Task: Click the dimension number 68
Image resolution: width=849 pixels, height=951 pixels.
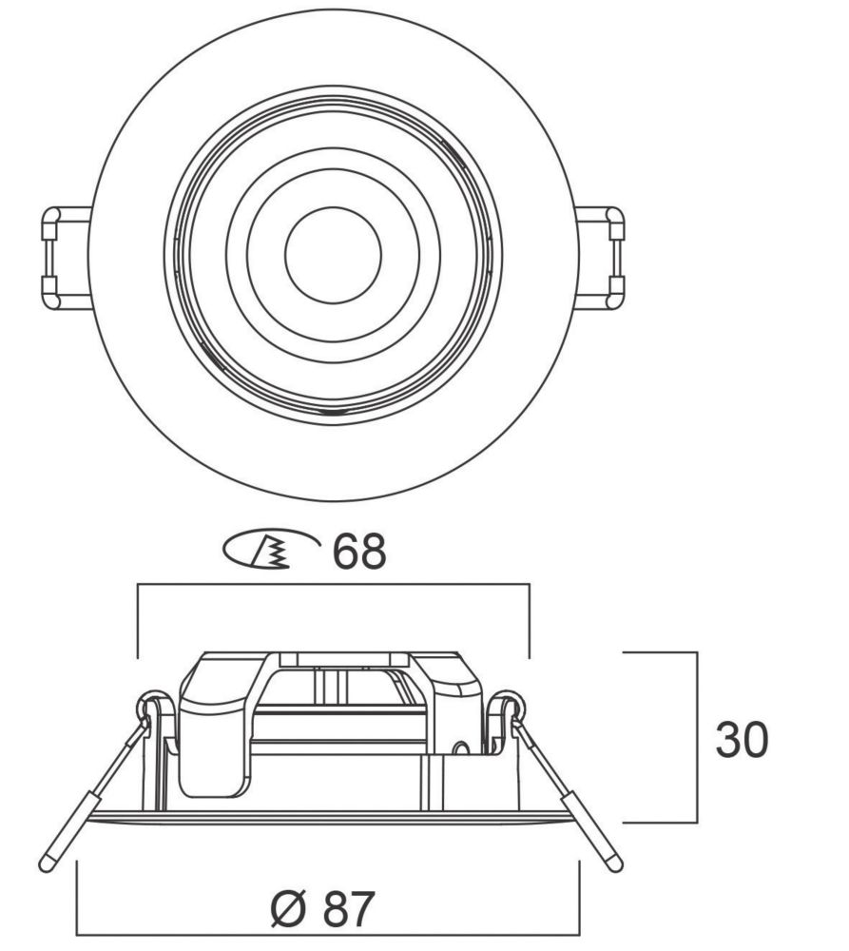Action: (x=359, y=552)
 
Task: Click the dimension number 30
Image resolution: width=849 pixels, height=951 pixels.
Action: (x=742, y=740)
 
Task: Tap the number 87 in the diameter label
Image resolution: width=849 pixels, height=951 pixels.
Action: (x=349, y=908)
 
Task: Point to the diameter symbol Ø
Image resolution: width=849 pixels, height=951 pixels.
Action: (x=287, y=908)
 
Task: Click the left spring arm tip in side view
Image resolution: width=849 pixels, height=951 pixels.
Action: (x=46, y=864)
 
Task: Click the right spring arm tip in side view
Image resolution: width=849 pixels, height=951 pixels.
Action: (x=615, y=864)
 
